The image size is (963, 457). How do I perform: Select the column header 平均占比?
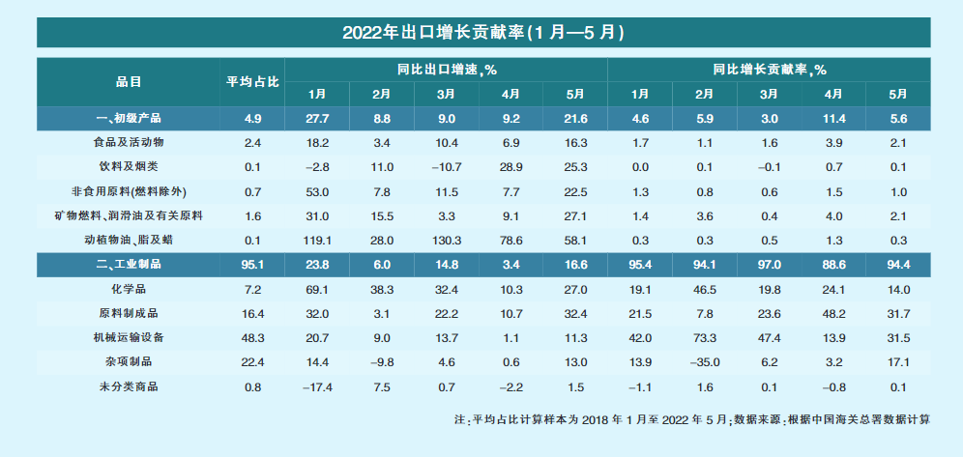pyautogui.click(x=252, y=82)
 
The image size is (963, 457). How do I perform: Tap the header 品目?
pyautogui.click(x=129, y=82)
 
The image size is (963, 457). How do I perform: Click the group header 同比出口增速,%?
pyautogui.click(x=446, y=70)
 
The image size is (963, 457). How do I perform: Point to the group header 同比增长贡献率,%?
pyautogui.click(x=769, y=70)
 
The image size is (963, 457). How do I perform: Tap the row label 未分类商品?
pyautogui.click(x=129, y=385)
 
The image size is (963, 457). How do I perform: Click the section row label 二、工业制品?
pyautogui.click(x=129, y=264)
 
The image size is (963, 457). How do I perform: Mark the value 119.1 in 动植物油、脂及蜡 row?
pyautogui.click(x=317, y=239)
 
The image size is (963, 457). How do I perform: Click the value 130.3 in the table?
pyautogui.click(x=446, y=239)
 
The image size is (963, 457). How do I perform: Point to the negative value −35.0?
pyautogui.click(x=704, y=360)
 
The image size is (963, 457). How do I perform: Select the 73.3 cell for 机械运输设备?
pyautogui.click(x=704, y=336)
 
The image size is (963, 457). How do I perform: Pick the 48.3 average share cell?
pyautogui.click(x=252, y=336)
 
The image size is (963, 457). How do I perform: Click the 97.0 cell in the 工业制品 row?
pyautogui.click(x=769, y=264)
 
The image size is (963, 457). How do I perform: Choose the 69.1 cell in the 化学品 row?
pyautogui.click(x=317, y=288)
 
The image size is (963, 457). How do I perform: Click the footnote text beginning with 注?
pyautogui.click(x=691, y=420)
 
